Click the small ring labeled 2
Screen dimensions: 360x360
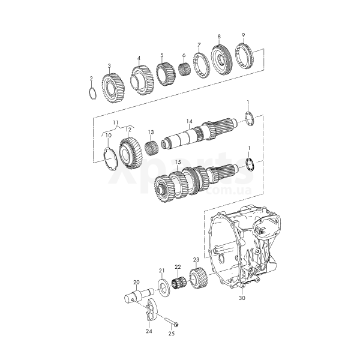point(89,94)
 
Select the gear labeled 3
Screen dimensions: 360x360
point(113,88)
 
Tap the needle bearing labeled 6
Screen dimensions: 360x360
point(185,69)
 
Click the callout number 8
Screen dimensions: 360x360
point(219,36)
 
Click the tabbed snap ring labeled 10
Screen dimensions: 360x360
point(106,159)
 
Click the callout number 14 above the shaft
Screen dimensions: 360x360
point(189,121)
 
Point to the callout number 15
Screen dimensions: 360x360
point(178,162)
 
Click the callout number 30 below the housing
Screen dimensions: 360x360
point(242,298)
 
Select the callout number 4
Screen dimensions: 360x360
point(139,58)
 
